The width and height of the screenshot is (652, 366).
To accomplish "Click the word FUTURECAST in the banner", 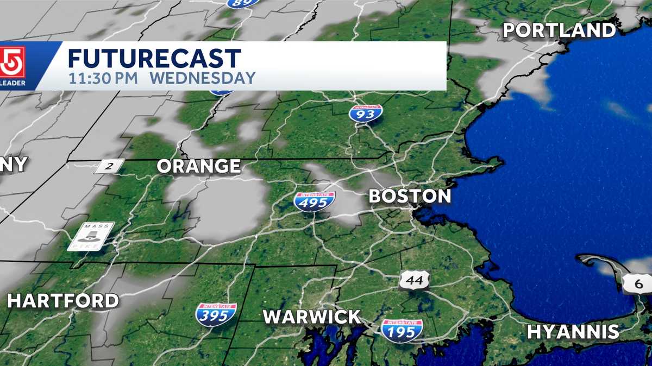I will click(x=154, y=59).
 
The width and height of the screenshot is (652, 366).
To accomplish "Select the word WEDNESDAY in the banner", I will click(x=202, y=78).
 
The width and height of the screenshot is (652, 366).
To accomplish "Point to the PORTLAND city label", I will click(x=559, y=30).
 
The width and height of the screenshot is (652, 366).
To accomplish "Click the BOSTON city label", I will click(x=410, y=196).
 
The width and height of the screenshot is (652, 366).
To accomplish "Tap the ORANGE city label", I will click(x=199, y=166).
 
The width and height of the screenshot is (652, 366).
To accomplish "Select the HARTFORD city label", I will click(x=63, y=301).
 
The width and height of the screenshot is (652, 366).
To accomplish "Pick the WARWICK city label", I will click(x=312, y=317).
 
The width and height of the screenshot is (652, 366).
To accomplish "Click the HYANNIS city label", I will click(x=573, y=331).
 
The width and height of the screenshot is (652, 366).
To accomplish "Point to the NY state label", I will click(x=13, y=165).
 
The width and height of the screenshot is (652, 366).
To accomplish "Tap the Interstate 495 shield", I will click(x=314, y=201).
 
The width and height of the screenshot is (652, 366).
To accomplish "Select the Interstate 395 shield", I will click(x=216, y=314).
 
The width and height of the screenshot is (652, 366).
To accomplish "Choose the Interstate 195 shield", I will click(x=402, y=330).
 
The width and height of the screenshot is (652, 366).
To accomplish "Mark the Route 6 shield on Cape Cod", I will click(x=636, y=284).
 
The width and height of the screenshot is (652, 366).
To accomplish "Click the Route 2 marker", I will click(x=110, y=166).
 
